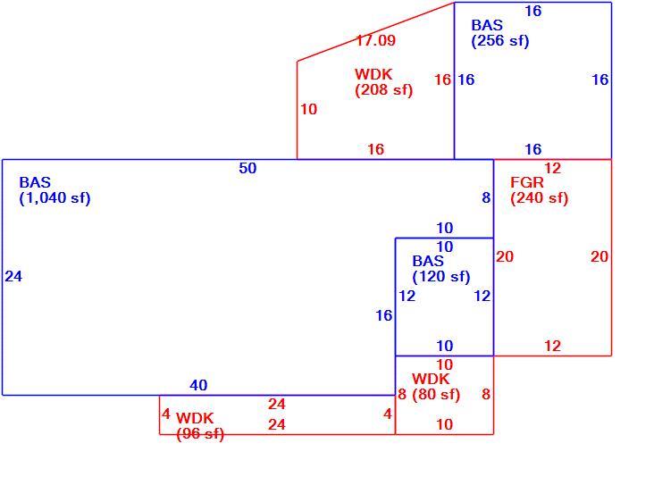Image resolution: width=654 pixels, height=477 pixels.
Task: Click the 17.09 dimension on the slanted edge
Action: (375, 40)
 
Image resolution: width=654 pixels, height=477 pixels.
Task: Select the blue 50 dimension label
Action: (247, 169)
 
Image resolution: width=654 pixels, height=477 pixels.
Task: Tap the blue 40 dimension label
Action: (198, 385)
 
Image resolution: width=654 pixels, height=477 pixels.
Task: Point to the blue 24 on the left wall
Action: (13, 276)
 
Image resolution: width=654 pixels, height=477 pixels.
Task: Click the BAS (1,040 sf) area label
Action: (54, 190)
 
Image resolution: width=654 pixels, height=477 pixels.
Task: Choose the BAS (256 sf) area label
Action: (500, 33)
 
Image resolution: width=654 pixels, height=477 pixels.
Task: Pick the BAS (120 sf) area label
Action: (440, 269)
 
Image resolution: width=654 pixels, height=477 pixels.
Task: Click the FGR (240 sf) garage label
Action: (540, 190)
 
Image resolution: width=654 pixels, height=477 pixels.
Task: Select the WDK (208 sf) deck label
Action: (383, 82)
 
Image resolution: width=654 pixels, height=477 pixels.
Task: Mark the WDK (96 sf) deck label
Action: (200, 426)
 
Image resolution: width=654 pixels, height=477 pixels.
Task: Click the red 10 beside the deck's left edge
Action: (309, 109)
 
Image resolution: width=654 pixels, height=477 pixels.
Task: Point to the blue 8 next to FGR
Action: (486, 197)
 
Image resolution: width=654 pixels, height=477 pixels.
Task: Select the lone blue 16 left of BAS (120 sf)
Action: (384, 315)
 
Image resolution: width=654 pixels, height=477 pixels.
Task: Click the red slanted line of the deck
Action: (375, 31)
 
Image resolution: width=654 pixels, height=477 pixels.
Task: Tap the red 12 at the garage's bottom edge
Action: (553, 346)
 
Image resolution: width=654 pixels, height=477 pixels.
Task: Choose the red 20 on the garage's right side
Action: (599, 257)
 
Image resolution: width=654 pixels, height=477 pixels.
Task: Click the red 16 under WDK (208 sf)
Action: (375, 149)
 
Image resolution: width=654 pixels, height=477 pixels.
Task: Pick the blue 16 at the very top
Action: (533, 12)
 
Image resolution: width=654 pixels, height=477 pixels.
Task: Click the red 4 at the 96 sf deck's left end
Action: (166, 414)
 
